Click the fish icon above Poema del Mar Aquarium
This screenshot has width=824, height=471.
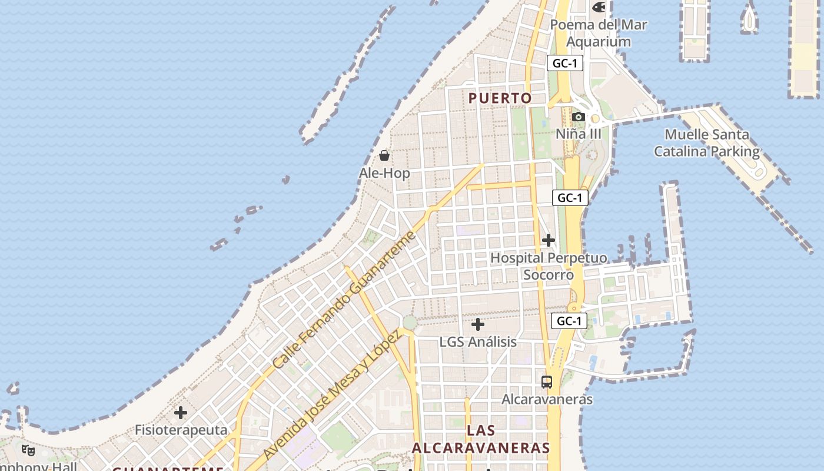pos(599,8)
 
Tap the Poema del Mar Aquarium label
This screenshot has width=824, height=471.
pos(599,33)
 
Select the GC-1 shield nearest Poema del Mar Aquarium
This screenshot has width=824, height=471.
pos(565,63)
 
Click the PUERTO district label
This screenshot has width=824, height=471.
pos(500,98)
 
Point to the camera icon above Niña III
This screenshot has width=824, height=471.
pos(579,117)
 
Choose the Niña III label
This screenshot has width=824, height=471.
pos(579,134)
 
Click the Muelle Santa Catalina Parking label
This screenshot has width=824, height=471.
pos(707,142)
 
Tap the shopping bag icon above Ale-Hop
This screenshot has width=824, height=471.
pos(384,155)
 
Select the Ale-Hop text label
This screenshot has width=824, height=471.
pos(384,173)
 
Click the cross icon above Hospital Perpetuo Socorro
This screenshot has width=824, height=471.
pos(549,240)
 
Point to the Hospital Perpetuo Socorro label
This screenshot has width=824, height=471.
pos(549,266)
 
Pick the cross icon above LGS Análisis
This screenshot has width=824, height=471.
pos(478,324)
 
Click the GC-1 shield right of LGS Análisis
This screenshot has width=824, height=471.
pos(570,321)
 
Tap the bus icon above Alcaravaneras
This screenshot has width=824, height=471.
pos(547,382)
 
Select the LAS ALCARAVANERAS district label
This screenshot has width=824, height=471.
pos(481,439)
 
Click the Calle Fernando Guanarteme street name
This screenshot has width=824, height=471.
pos(344,300)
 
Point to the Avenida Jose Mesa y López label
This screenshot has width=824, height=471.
pos(332,394)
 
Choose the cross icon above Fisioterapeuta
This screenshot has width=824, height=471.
pos(181,413)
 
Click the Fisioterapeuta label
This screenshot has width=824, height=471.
pos(181,430)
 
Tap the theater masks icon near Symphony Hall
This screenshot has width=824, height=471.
pos(28,450)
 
